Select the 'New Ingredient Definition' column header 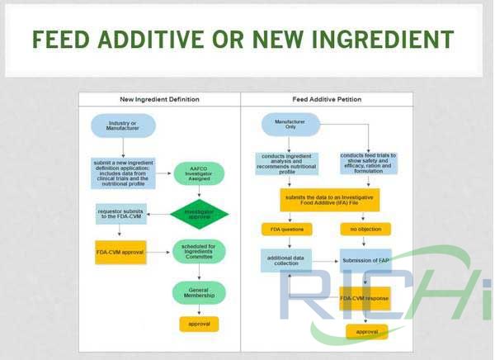pyautogui.click(x=159, y=99)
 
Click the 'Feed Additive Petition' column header pyautogui.click(x=327, y=99)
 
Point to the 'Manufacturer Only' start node pyautogui.click(x=285, y=126)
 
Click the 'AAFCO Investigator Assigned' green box pyautogui.click(x=199, y=173)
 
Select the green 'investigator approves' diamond pyautogui.click(x=199, y=215)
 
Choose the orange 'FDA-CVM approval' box pyautogui.click(x=120, y=253)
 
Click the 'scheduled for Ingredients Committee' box pyautogui.click(x=199, y=253)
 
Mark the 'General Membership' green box pyautogui.click(x=199, y=292)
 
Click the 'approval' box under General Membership pyautogui.click(x=199, y=324)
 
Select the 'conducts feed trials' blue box pyautogui.click(x=369, y=161)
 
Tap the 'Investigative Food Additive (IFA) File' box pyautogui.click(x=327, y=200)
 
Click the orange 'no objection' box pyautogui.click(x=365, y=230)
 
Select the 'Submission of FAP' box pyautogui.click(x=365, y=262)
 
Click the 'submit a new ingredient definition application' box pyautogui.click(x=123, y=173)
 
